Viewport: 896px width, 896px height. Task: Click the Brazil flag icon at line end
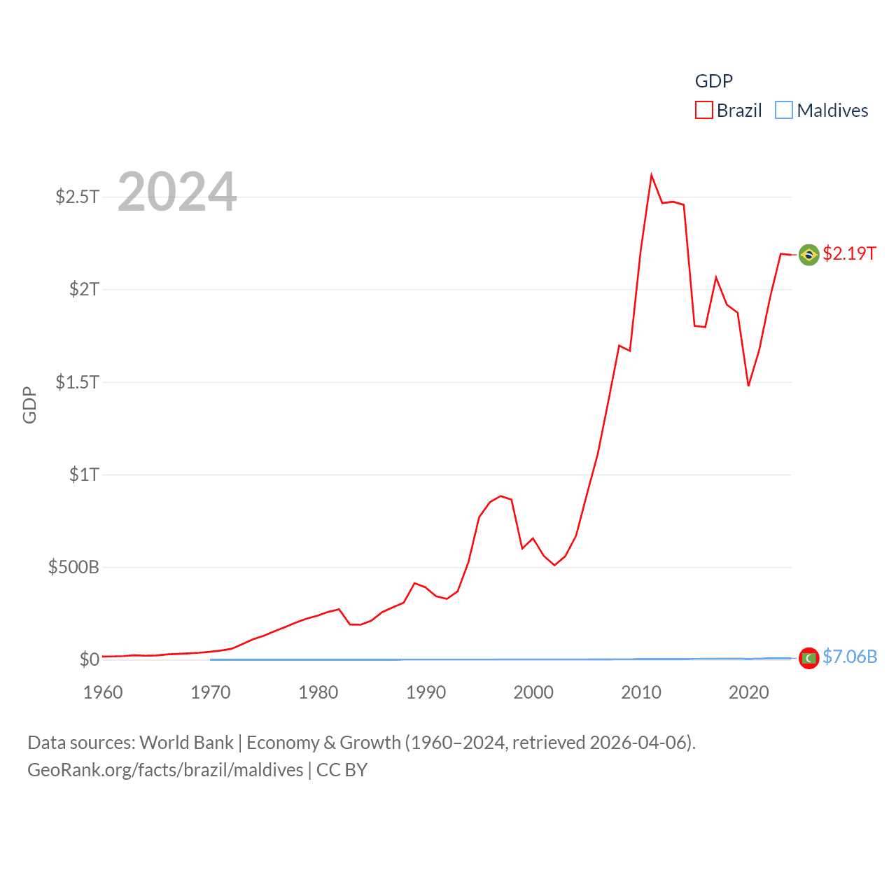click(808, 255)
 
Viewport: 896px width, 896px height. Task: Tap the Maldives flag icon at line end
click(808, 658)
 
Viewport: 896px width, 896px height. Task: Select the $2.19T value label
click(849, 253)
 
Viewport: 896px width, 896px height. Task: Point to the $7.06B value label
click(850, 657)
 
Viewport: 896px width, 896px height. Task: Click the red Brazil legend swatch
click(703, 111)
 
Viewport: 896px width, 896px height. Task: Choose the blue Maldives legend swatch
click(784, 111)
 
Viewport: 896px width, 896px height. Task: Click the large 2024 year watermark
click(177, 192)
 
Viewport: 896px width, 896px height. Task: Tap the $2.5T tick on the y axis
click(78, 197)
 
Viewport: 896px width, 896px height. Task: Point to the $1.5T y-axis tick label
click(78, 382)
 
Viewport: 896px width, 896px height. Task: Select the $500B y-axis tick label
click(73, 567)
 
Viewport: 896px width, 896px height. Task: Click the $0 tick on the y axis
click(89, 659)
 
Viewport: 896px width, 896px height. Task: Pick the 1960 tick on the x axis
click(103, 692)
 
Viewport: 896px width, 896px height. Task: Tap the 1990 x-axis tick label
click(426, 692)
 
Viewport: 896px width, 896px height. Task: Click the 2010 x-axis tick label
click(641, 692)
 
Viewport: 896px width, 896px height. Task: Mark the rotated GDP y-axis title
click(29, 405)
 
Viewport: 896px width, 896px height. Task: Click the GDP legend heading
click(713, 81)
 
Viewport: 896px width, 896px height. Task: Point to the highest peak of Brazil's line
click(651, 175)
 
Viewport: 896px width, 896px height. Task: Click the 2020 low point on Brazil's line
click(748, 385)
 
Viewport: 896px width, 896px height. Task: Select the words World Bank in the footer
click(186, 743)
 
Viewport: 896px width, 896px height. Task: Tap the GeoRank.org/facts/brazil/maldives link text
click(165, 770)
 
